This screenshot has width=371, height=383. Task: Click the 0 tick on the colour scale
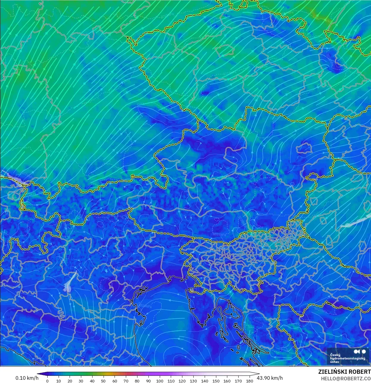[47, 381]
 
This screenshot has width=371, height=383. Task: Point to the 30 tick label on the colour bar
[81, 381]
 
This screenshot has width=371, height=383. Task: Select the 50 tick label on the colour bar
[103, 381]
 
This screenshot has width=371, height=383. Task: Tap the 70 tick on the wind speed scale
[126, 381]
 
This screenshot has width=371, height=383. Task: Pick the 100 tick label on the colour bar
[160, 381]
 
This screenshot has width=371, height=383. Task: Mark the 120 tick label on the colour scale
[182, 381]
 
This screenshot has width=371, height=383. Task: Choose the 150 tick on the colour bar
[216, 381]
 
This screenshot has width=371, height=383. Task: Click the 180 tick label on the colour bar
[250, 381]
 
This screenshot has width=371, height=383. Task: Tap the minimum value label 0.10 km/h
[27, 378]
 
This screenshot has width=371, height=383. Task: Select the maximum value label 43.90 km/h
[270, 378]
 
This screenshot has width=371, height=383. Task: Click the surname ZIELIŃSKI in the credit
[332, 372]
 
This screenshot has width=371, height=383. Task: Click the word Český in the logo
[335, 355]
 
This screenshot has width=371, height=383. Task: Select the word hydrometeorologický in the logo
[347, 359]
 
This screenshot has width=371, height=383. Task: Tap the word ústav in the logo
[334, 362]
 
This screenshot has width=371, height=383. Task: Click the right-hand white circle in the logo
[364, 352]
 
